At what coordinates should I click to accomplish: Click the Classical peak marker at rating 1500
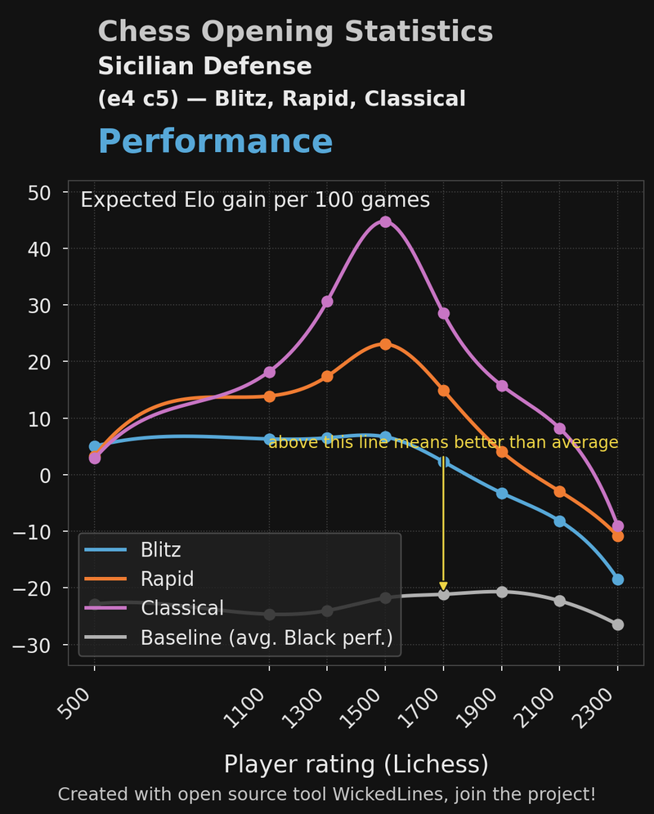tap(385, 221)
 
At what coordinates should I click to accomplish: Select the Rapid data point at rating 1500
tap(385, 345)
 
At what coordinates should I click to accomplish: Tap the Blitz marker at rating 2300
tap(618, 579)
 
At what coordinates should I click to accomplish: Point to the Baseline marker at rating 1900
tap(502, 592)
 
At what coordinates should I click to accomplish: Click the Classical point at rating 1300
tap(327, 302)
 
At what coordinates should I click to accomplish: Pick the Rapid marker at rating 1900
tap(502, 452)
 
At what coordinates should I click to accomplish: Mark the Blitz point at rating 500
tap(95, 447)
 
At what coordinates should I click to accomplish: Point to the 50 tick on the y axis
tap(40, 193)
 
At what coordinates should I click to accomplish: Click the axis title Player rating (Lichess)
tap(356, 764)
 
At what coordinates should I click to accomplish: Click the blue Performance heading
tap(215, 141)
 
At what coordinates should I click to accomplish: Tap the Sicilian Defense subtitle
tap(204, 66)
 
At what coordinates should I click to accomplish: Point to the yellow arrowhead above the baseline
tap(443, 585)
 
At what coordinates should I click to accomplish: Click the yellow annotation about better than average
tap(443, 442)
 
